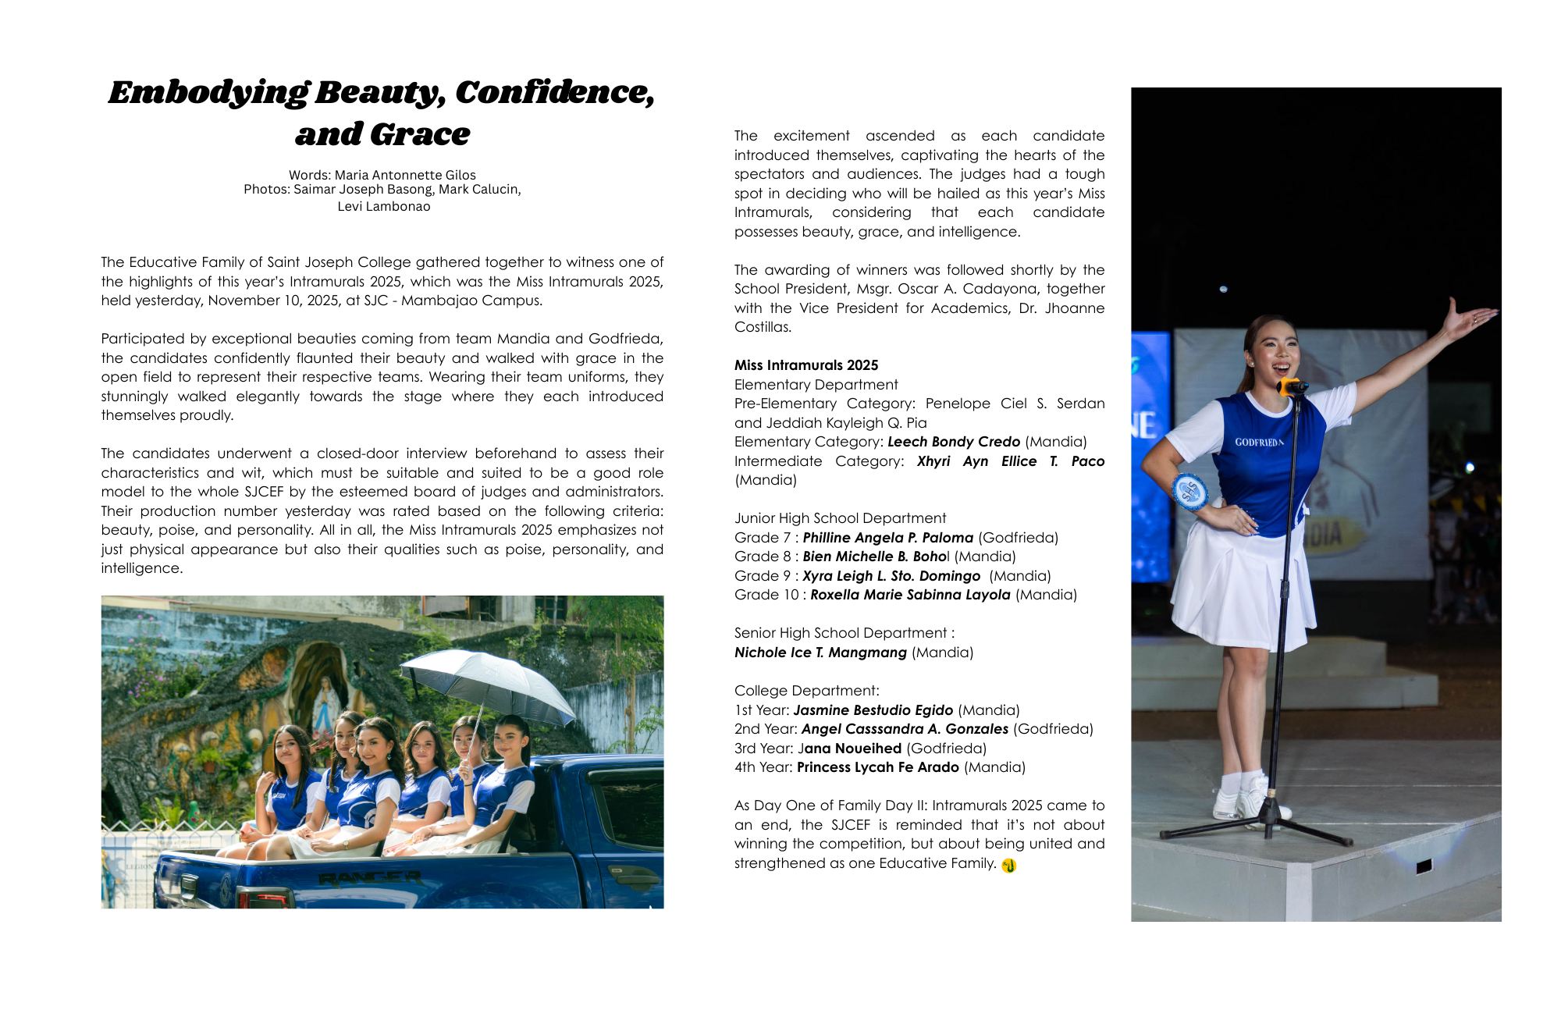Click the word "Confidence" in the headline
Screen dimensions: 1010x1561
(x=554, y=93)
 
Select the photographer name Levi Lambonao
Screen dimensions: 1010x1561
(x=383, y=206)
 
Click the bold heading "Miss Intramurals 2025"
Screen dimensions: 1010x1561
(x=805, y=365)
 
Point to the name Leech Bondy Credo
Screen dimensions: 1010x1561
(x=953, y=442)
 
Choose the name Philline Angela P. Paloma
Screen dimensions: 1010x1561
(x=887, y=538)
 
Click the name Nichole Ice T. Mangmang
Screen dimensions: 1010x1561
(x=820, y=653)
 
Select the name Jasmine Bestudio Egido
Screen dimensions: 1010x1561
(x=873, y=710)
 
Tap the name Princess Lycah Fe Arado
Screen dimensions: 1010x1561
(x=877, y=767)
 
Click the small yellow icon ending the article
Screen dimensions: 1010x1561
(x=1008, y=865)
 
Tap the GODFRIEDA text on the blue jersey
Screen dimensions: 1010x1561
(x=1258, y=442)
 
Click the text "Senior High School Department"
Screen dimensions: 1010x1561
(x=841, y=633)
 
